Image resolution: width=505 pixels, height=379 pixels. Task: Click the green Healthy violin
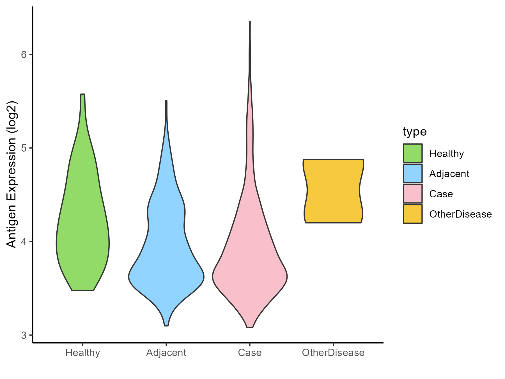[83, 225]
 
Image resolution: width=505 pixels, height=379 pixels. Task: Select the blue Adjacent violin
[166, 253]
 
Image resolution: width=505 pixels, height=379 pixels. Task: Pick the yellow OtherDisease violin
[333, 191]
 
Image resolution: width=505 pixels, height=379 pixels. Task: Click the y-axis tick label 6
[24, 54]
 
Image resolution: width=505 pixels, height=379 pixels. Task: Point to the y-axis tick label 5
[24, 148]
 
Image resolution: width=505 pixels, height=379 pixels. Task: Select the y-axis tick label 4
[24, 241]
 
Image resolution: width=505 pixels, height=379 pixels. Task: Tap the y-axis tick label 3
[24, 335]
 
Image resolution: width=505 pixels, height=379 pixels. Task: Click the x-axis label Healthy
[83, 353]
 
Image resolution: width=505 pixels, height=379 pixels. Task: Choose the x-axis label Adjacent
[166, 353]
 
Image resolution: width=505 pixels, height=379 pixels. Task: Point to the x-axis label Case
[250, 353]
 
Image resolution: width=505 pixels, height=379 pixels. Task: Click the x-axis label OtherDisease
[333, 353]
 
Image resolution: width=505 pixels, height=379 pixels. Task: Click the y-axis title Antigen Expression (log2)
[12, 174]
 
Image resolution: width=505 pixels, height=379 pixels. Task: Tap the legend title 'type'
[415, 131]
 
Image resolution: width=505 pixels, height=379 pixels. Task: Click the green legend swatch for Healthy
[413, 153]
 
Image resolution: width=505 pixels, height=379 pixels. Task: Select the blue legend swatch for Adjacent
[413, 173]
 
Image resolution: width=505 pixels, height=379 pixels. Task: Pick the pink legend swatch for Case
[413, 194]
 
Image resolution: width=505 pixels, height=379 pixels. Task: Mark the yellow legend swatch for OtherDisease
[413, 214]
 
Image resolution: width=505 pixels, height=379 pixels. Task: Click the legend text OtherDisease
[460, 214]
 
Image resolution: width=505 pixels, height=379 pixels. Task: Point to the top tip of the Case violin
[250, 22]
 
